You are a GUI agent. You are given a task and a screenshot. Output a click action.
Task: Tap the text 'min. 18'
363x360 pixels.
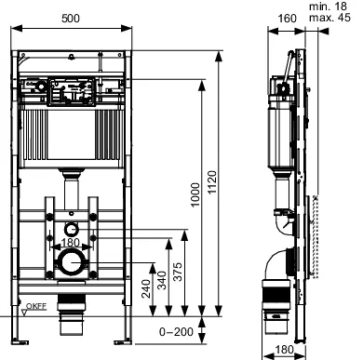tap(336, 7)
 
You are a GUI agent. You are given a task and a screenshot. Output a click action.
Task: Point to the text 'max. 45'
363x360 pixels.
tap(336, 18)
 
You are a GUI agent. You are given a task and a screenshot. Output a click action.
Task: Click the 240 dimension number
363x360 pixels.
tap(146, 288)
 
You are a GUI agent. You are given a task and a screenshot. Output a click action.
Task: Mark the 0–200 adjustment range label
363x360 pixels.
tap(177, 330)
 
